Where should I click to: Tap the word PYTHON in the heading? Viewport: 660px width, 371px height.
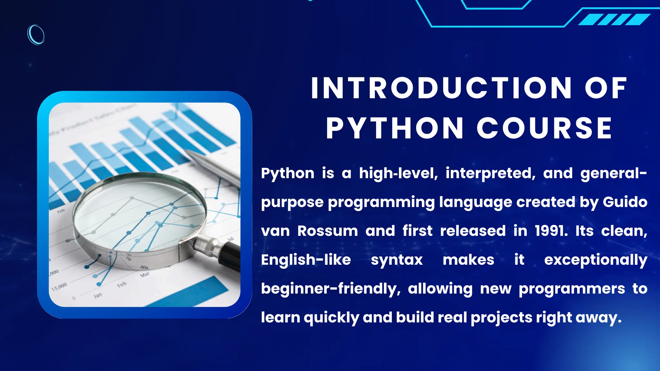click(x=395, y=128)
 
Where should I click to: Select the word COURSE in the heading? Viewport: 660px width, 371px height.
click(x=544, y=128)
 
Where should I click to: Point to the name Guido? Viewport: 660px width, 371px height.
click(x=625, y=202)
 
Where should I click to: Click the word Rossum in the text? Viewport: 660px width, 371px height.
click(x=327, y=231)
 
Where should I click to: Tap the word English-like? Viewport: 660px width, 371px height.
click(x=306, y=260)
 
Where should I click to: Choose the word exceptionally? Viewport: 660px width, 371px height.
click(x=596, y=260)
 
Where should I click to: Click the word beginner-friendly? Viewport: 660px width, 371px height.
click(x=331, y=289)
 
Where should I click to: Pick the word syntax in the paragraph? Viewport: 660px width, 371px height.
click(x=397, y=260)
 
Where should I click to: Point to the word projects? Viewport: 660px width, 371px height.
click(x=501, y=318)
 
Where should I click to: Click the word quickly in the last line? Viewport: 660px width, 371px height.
click(x=331, y=318)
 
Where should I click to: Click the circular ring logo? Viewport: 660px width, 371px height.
click(x=36, y=35)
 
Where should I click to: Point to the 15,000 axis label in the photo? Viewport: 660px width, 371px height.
click(x=59, y=286)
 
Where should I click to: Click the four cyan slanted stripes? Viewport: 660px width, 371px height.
click(x=614, y=19)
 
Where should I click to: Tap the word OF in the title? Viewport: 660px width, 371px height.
click(x=606, y=88)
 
